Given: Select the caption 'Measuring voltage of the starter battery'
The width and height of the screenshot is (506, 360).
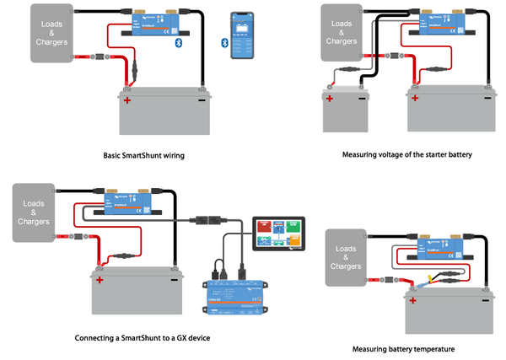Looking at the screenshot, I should coord(406,156).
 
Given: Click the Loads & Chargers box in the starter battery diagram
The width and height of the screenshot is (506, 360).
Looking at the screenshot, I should coord(342,32).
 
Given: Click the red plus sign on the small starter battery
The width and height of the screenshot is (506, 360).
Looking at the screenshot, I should coord(330,99).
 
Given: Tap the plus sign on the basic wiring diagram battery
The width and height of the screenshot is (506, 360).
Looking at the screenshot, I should coord(128,101).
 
